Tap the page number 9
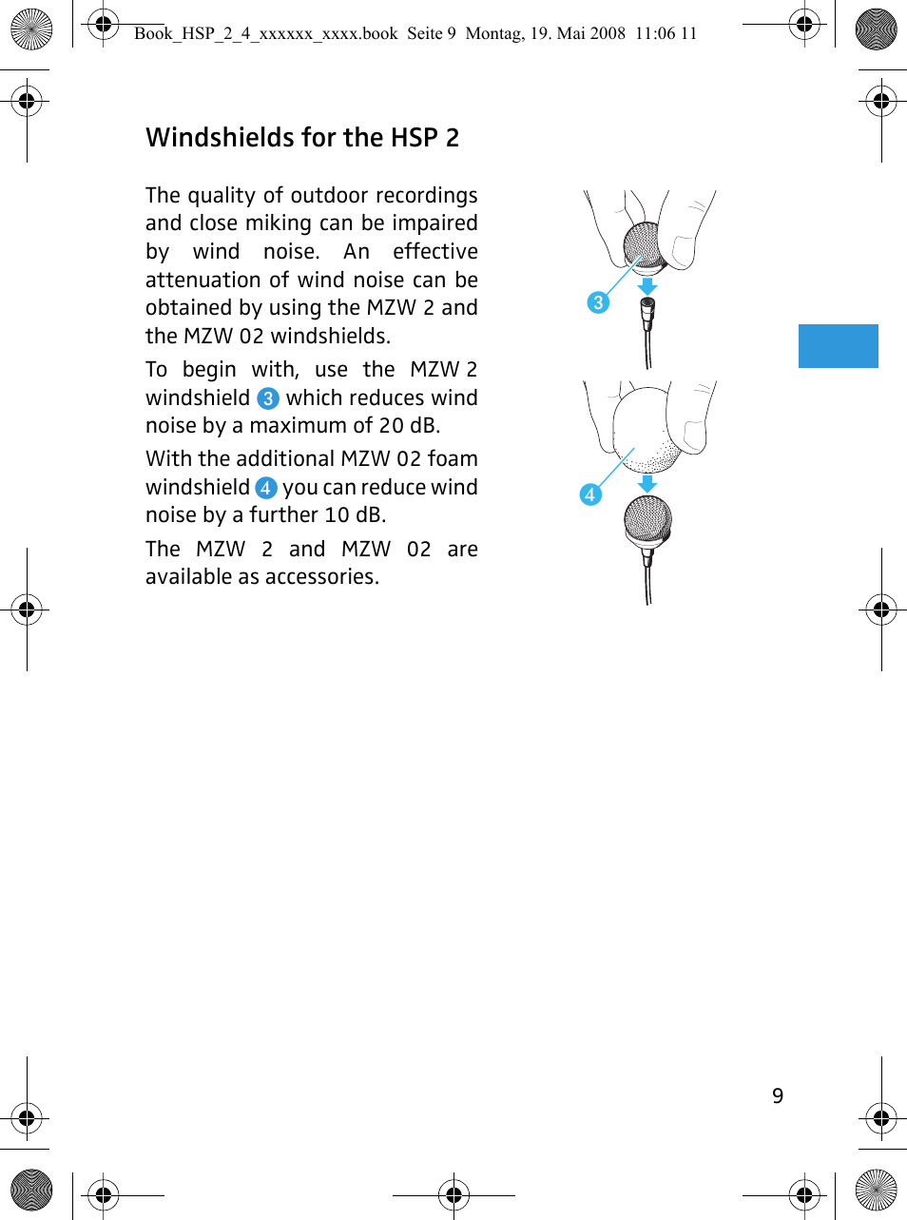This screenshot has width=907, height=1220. [x=778, y=1095]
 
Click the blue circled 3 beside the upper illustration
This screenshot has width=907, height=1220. [x=598, y=302]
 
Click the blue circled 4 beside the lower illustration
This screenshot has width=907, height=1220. [x=590, y=494]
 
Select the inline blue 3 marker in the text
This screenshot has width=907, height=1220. [x=268, y=398]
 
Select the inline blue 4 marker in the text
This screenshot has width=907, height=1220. [x=266, y=488]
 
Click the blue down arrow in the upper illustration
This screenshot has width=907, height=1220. [x=646, y=286]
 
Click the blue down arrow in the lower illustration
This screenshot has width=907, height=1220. [x=647, y=483]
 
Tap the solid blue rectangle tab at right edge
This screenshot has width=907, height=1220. [x=838, y=345]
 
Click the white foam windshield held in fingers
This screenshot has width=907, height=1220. [x=646, y=428]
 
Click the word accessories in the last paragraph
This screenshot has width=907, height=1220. [x=323, y=577]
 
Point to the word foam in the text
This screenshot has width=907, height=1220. [x=453, y=459]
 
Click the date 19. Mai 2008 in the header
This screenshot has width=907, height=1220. [x=578, y=33]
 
